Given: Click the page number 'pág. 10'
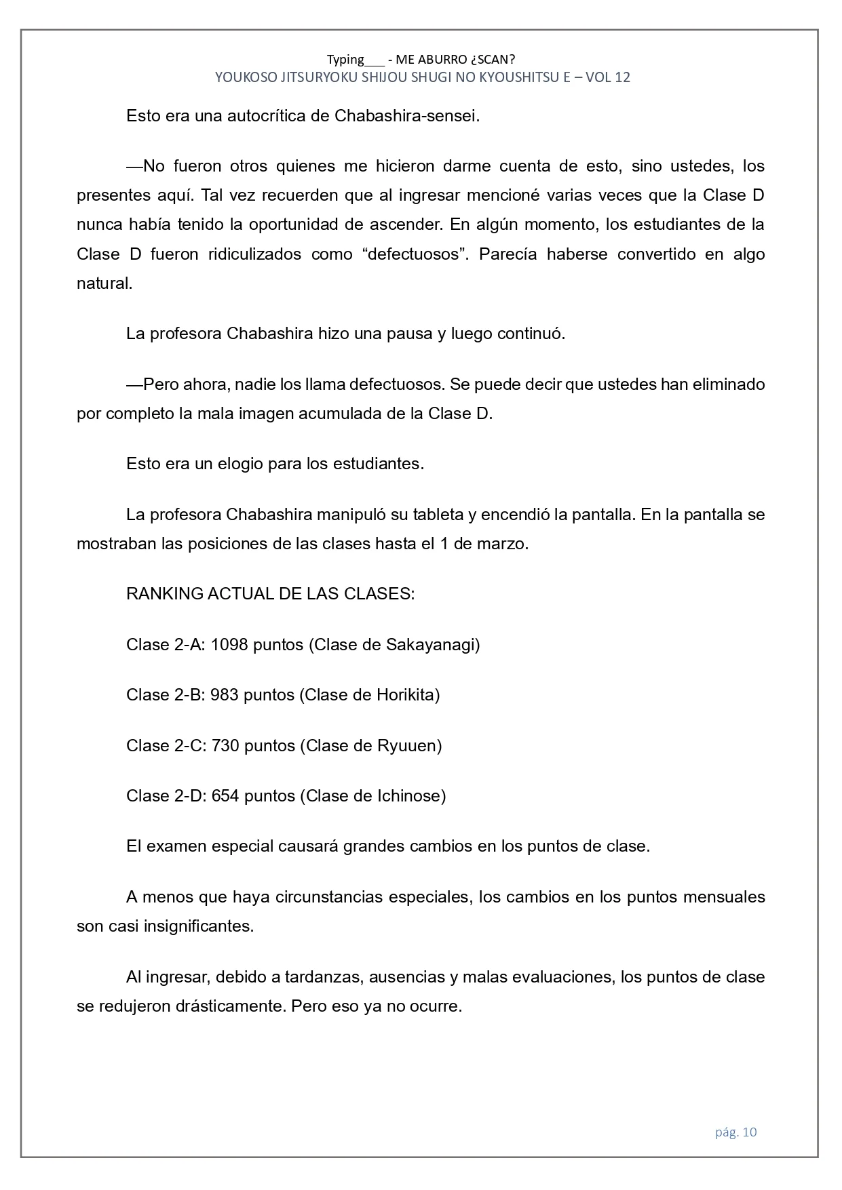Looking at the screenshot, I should click(x=735, y=1132).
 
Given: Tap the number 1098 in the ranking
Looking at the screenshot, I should click(x=229, y=644).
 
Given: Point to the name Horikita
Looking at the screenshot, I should click(x=405, y=694).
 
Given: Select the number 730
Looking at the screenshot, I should click(x=225, y=745).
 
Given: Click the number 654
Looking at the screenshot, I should click(x=225, y=795).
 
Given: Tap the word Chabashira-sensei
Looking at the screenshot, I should click(x=407, y=115).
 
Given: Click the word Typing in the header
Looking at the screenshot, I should click(x=345, y=59).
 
